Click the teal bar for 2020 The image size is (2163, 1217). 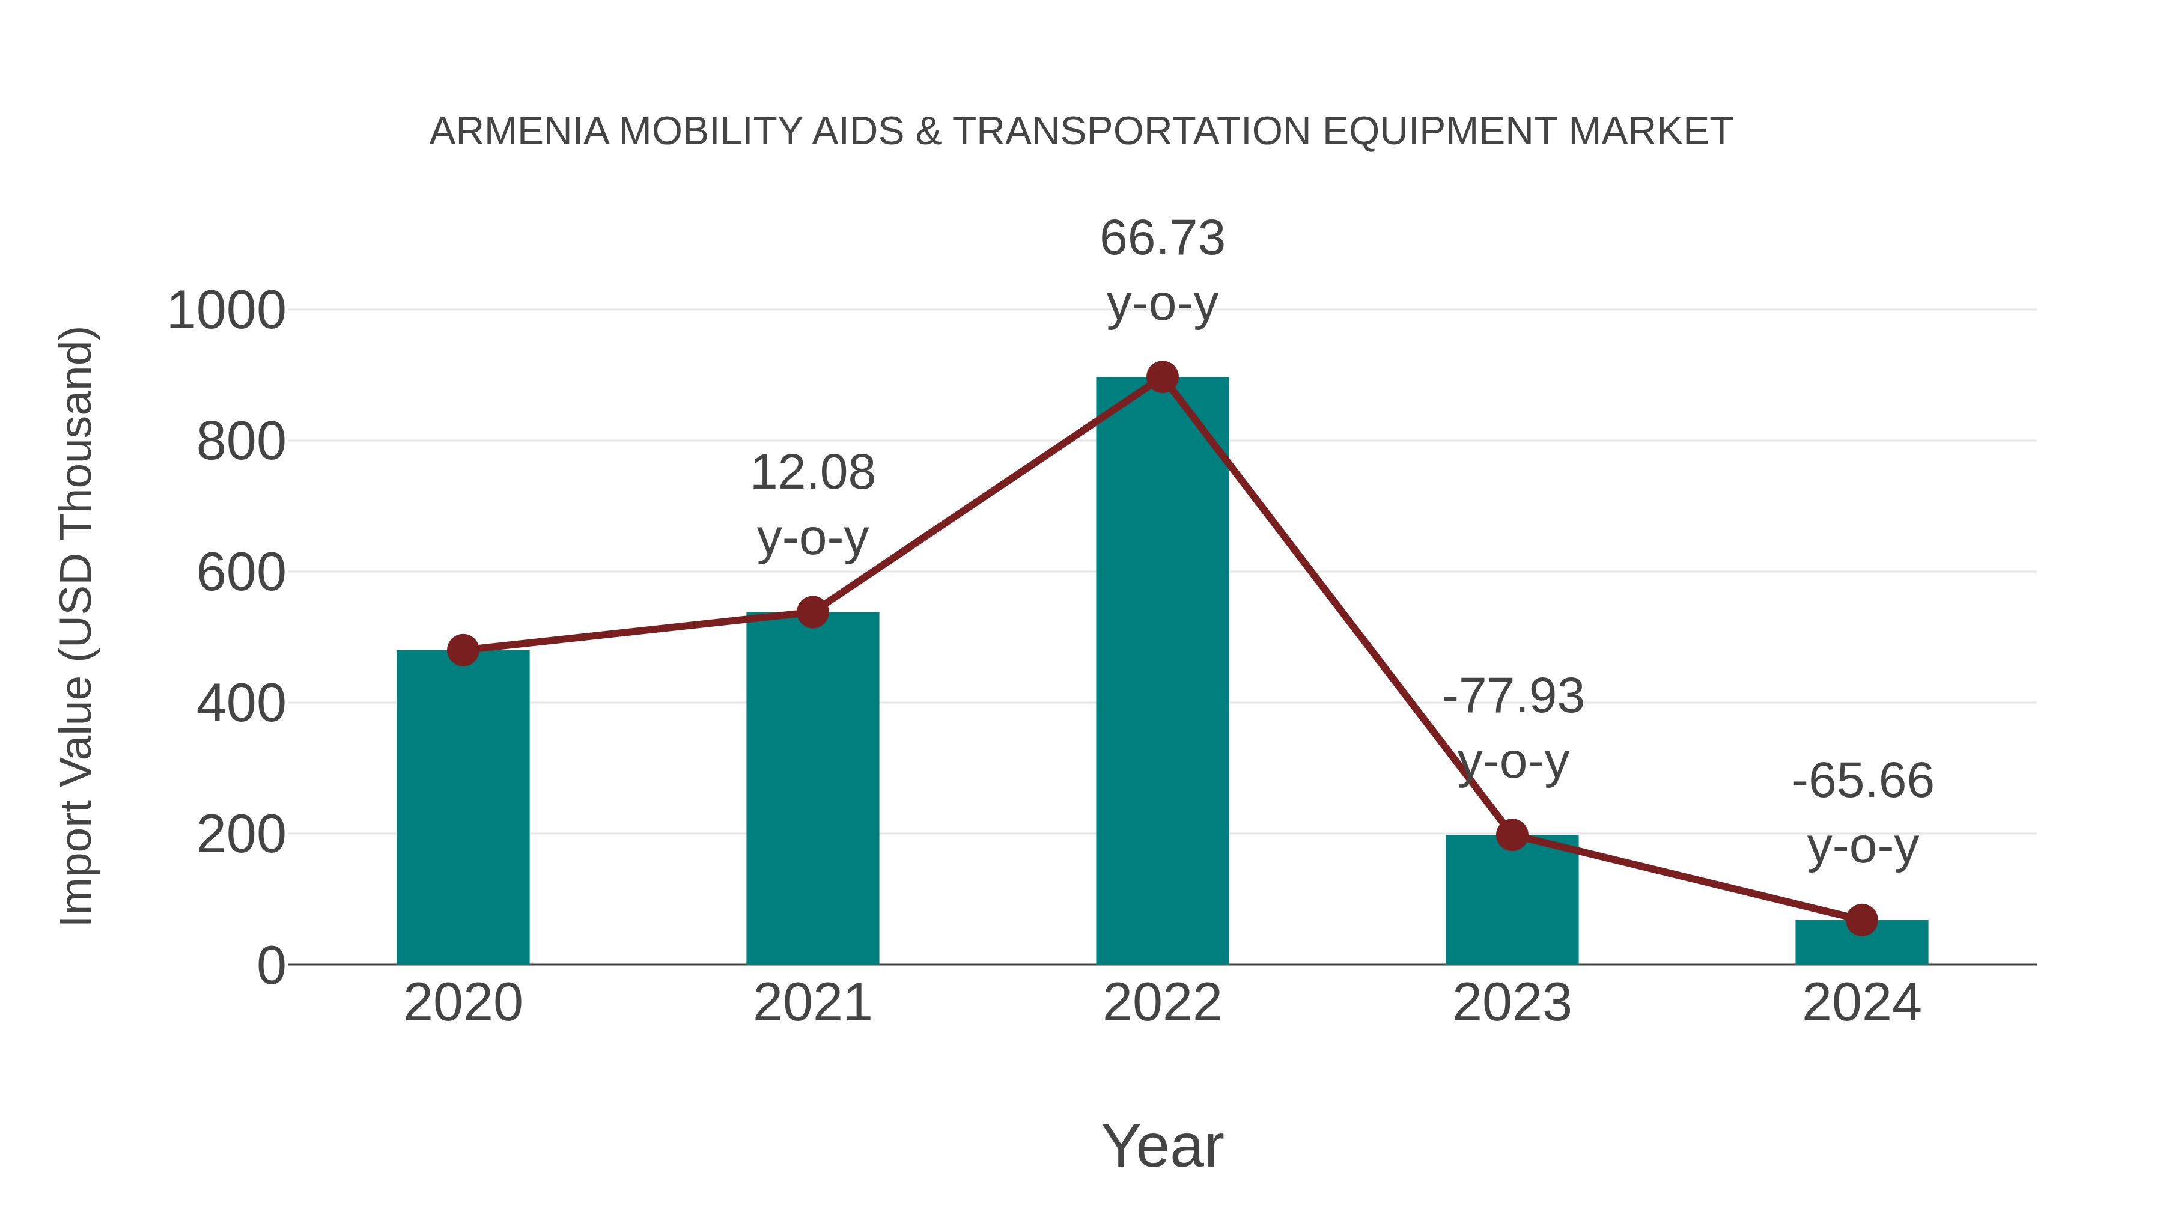463,807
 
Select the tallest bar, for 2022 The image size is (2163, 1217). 1162,672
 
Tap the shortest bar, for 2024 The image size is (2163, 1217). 1861,942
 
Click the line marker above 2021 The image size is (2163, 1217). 812,612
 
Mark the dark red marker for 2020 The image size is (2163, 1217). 463,650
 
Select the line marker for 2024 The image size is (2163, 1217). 1861,920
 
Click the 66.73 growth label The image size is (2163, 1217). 1162,239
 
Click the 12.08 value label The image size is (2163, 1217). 812,473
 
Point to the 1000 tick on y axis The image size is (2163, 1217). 227,311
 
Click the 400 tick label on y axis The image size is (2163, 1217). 241,704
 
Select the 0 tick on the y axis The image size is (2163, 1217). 271,966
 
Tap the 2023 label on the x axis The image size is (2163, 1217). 1512,1003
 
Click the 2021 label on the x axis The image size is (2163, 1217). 812,1003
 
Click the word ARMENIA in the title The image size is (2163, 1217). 519,132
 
